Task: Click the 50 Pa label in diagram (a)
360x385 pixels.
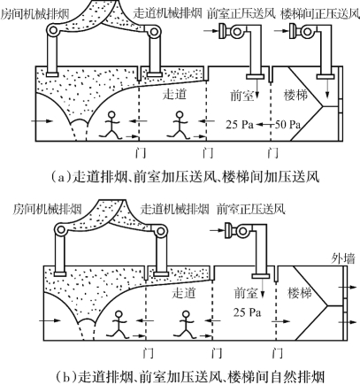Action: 287,125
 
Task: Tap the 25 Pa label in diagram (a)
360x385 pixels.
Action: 240,125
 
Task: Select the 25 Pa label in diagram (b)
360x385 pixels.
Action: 247,312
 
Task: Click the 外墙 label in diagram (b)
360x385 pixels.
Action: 343,259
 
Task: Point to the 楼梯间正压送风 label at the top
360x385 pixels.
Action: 320,14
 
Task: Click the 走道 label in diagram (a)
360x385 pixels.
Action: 174,94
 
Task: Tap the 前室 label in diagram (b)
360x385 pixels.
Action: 246,293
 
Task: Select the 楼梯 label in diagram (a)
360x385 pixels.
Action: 295,95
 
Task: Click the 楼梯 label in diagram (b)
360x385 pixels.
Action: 300,293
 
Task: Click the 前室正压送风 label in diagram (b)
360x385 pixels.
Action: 251,210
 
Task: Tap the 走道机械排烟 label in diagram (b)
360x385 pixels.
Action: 174,210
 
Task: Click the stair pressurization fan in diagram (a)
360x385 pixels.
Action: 299,31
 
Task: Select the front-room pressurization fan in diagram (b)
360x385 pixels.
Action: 236,230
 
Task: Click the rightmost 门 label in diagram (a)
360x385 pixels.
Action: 273,153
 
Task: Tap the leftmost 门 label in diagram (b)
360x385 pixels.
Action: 148,352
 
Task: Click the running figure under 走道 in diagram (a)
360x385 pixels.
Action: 178,125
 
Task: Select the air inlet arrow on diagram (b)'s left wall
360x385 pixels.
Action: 50,320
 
